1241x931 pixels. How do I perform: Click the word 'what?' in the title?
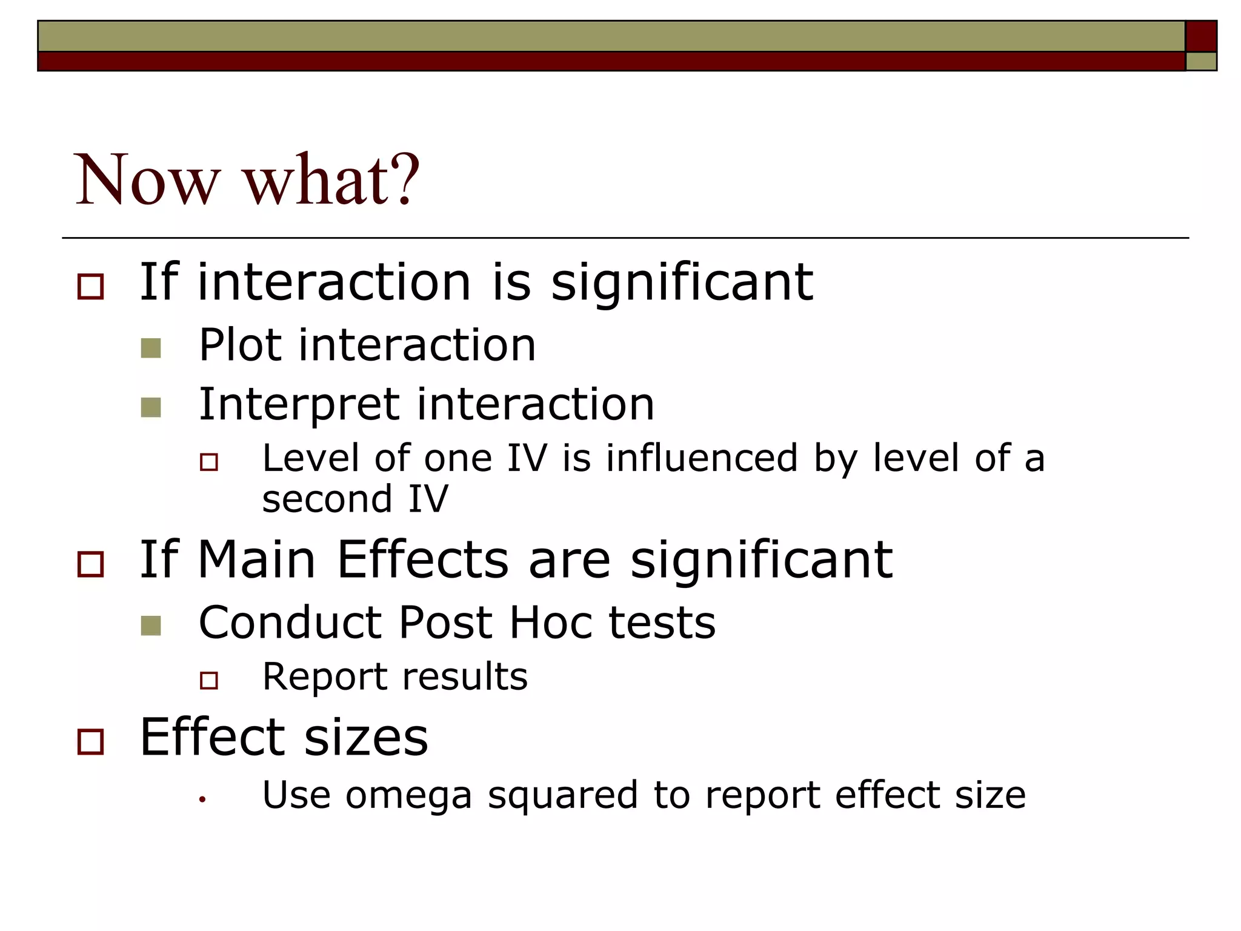pos(331,180)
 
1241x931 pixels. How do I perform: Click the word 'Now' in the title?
pos(146,180)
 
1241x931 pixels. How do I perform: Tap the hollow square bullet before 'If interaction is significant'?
pos(91,286)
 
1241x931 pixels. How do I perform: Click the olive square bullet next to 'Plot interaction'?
pos(150,348)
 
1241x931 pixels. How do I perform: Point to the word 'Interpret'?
pos(299,405)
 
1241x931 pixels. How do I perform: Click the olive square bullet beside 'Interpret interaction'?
pos(150,407)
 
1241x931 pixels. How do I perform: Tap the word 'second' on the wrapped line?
pos(327,499)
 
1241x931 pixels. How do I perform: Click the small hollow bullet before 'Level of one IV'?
pos(209,462)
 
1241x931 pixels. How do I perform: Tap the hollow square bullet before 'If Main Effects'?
pos(91,564)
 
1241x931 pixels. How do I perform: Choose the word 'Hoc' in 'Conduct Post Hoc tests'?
pos(551,623)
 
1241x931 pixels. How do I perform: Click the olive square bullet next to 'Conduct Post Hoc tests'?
pos(150,626)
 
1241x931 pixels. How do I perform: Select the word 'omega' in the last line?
pos(408,796)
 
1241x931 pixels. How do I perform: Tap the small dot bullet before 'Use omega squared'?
pos(202,800)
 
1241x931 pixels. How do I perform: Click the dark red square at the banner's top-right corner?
pos(1200,36)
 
